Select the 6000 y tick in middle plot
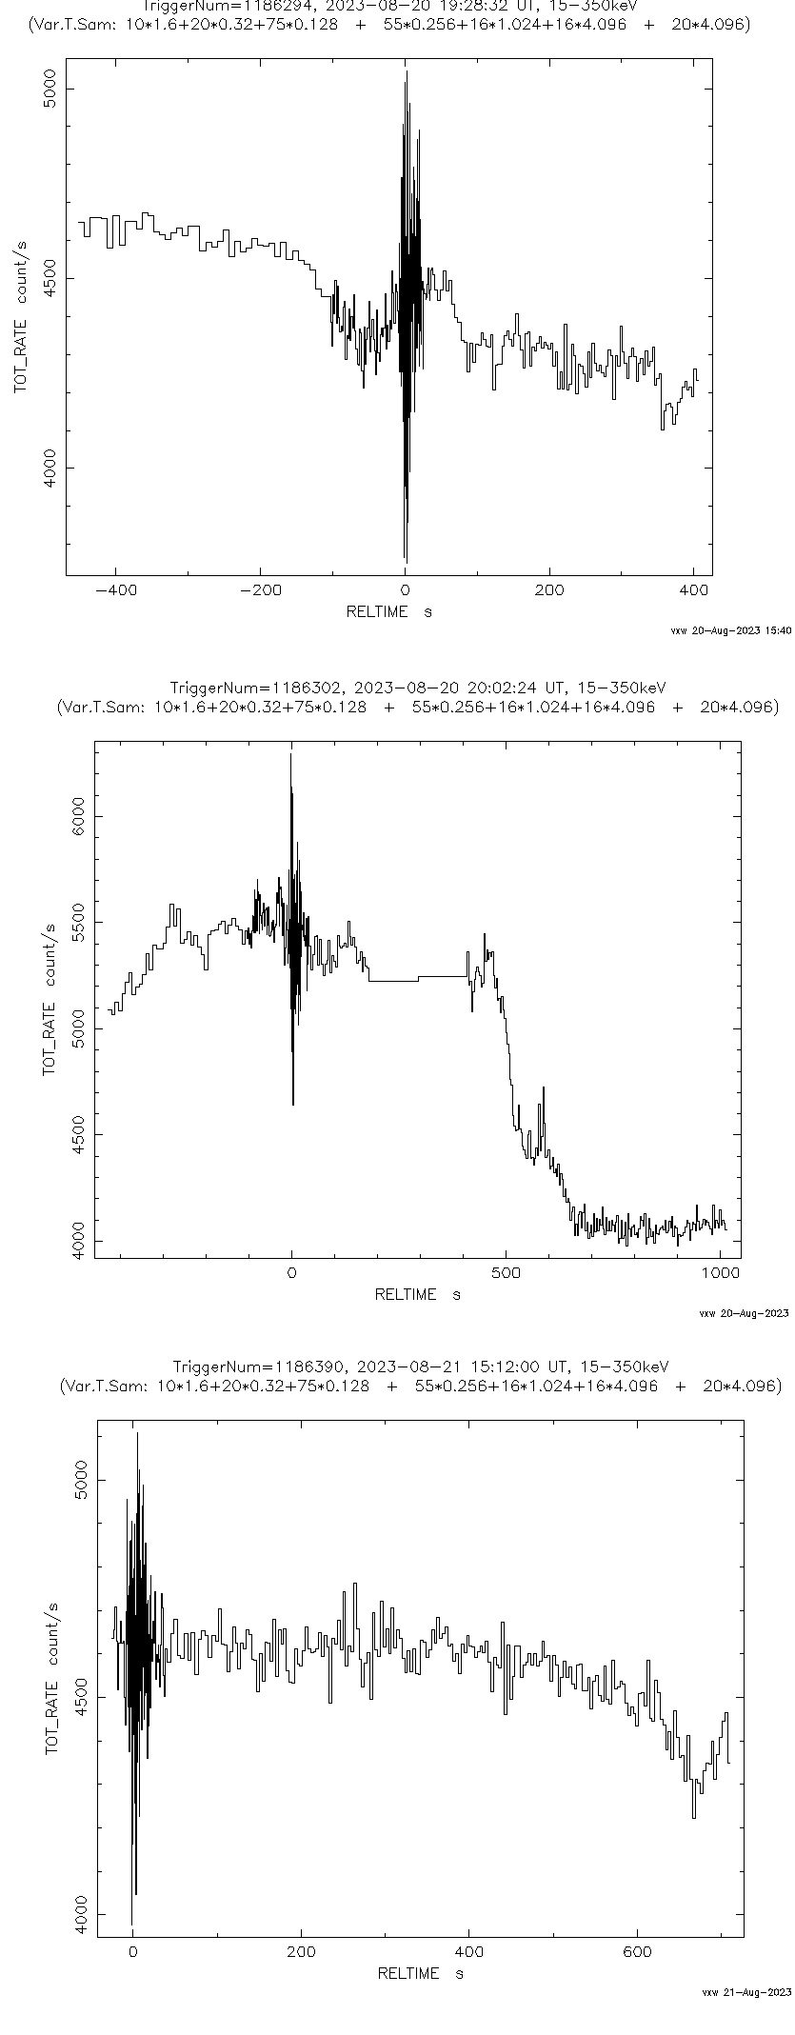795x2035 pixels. click(80, 815)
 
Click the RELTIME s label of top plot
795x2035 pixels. click(388, 611)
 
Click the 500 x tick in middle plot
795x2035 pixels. click(506, 1271)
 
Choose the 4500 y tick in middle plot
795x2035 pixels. click(80, 1134)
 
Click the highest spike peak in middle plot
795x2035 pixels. click(290, 754)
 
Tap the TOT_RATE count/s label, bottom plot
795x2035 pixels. click(51, 1673)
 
